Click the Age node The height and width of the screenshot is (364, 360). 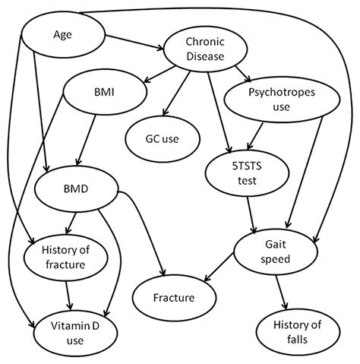coord(62,34)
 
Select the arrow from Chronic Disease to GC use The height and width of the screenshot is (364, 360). coord(178,94)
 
